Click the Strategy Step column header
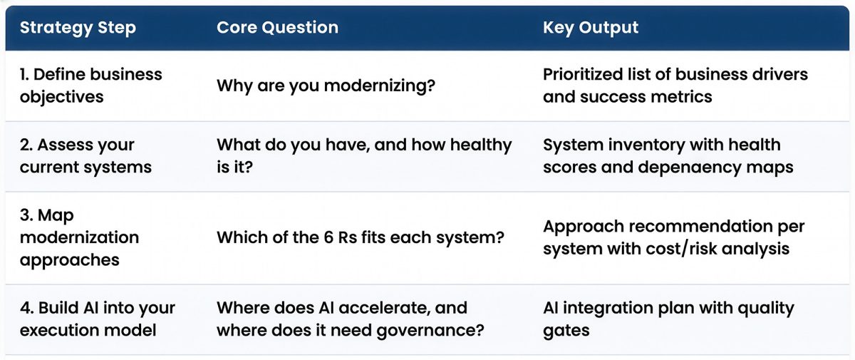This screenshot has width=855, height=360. pyautogui.click(x=78, y=29)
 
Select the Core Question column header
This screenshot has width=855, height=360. pyautogui.click(x=277, y=29)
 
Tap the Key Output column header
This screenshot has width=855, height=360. pyautogui.click(x=591, y=29)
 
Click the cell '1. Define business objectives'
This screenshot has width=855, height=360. pyautogui.click(x=91, y=85)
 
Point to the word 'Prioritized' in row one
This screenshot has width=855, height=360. pyautogui.click(x=586, y=74)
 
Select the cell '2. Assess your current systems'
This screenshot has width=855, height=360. pyautogui.click(x=85, y=155)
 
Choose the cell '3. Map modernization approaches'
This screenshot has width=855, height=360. pyautogui.click(x=79, y=237)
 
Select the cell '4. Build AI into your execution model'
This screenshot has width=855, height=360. pyautogui.click(x=98, y=319)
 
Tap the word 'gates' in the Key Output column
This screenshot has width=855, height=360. pyautogui.click(x=566, y=330)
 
